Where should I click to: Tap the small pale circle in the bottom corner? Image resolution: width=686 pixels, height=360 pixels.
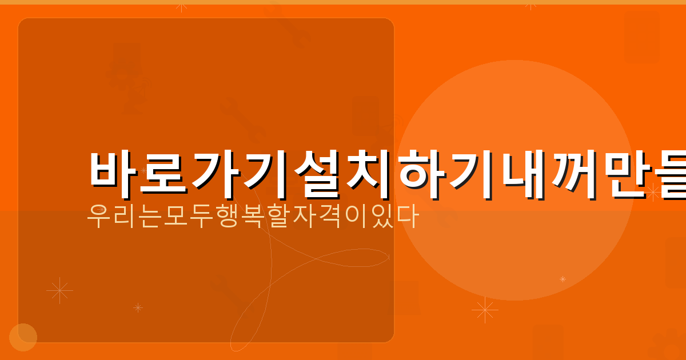[23, 337]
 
